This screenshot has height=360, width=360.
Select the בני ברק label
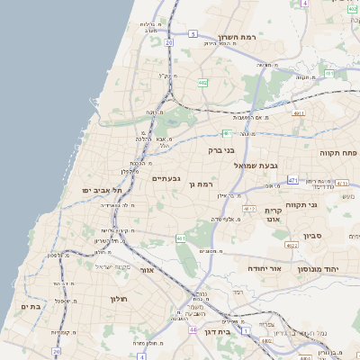point(221,150)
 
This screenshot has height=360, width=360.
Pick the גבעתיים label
point(166,178)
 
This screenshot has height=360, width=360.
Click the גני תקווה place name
point(302,205)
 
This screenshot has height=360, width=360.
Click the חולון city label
point(120,299)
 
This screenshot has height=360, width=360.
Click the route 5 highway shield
point(193,33)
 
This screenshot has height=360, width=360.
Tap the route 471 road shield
point(292,180)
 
